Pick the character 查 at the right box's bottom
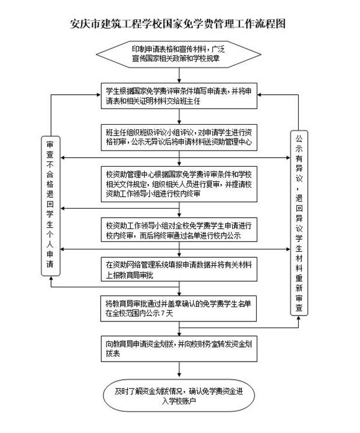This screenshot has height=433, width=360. [x=299, y=308]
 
